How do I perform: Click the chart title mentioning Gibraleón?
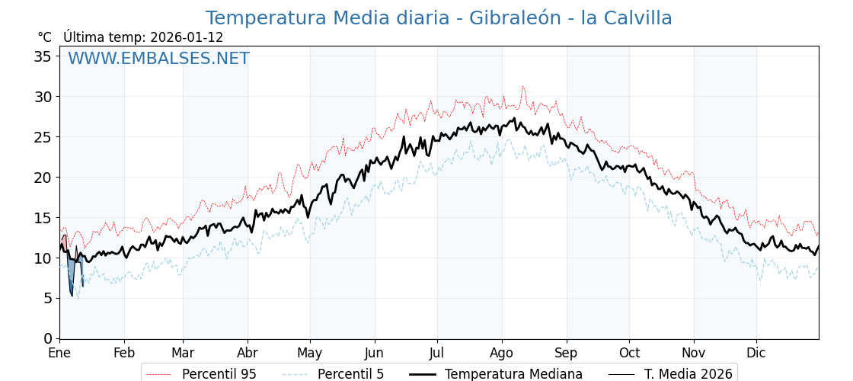click(439, 18)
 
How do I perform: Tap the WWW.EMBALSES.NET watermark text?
click(158, 59)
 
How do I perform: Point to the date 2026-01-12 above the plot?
click(187, 37)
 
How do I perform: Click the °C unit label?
click(44, 37)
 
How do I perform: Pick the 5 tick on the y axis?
click(48, 299)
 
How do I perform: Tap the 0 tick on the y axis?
click(48, 338)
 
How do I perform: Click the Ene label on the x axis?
click(59, 353)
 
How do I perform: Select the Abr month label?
click(248, 353)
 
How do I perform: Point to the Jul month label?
click(437, 353)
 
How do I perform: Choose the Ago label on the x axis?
click(502, 353)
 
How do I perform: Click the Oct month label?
click(629, 353)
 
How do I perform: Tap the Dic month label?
click(756, 353)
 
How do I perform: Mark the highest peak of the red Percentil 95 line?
click(522, 87)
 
